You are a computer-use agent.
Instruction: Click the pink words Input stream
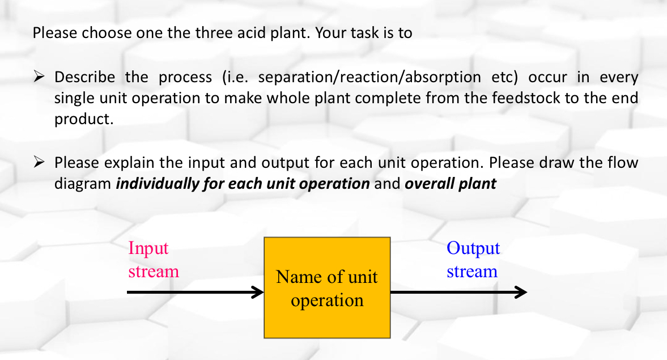(x=153, y=260)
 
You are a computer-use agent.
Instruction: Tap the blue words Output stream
(x=473, y=260)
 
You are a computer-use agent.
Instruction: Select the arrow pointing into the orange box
(x=196, y=293)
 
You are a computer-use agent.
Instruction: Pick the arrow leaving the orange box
(x=458, y=293)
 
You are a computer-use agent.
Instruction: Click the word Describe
(x=84, y=77)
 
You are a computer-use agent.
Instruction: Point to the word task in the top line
(x=368, y=33)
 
